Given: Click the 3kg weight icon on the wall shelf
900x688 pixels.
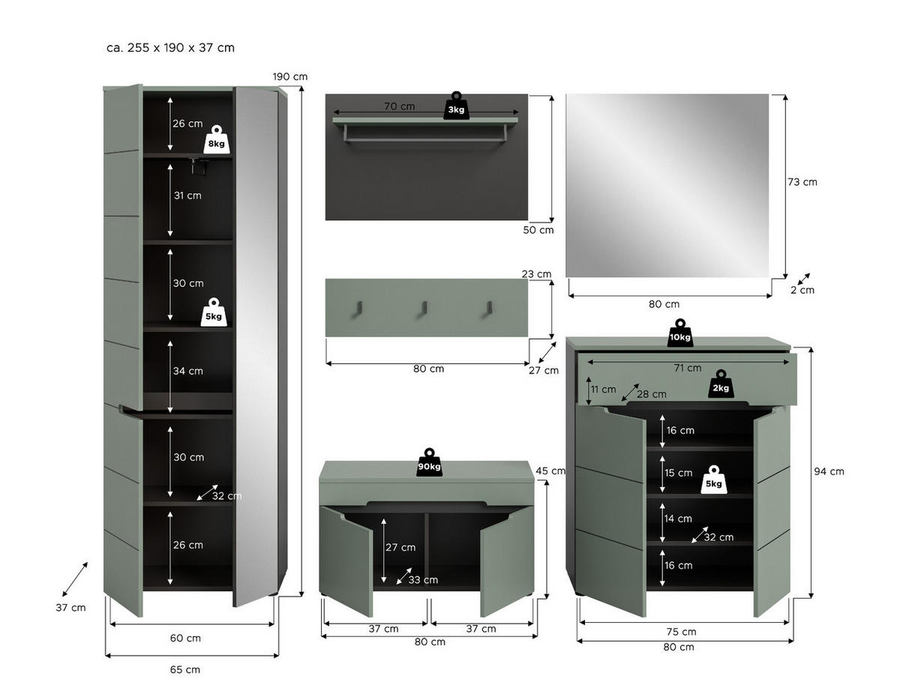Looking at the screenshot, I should (x=456, y=106).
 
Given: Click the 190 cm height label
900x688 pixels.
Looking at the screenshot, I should (x=290, y=76).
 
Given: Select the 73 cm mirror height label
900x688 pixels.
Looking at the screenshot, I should (x=802, y=182).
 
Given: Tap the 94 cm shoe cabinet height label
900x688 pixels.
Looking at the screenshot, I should (x=829, y=471).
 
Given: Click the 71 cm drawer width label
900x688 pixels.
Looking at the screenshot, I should (x=688, y=368).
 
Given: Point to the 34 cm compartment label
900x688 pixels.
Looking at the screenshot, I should (x=187, y=371).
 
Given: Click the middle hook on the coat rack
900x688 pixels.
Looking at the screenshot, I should (x=424, y=308).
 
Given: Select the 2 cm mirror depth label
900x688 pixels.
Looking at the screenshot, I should (x=802, y=290).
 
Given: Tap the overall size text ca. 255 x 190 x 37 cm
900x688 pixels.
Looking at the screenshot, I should (x=170, y=48).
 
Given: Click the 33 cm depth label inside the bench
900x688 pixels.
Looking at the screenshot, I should (x=423, y=579).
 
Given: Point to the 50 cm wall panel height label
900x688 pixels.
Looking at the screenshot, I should (x=538, y=230).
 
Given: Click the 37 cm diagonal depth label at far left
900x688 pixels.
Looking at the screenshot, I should (x=70, y=607).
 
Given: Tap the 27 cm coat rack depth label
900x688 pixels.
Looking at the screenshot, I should (x=544, y=370).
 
